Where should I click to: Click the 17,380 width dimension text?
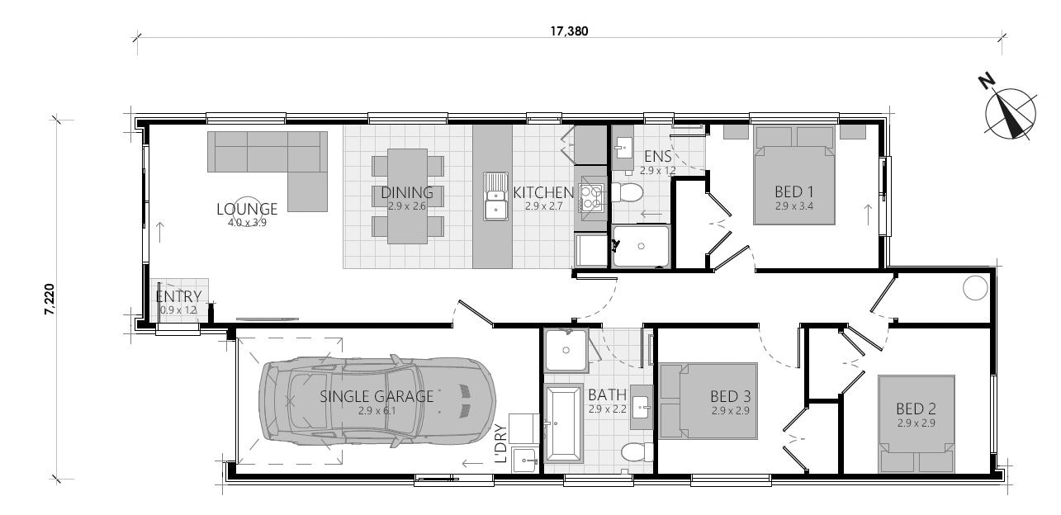click(570, 32)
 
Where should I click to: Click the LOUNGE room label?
click(247, 209)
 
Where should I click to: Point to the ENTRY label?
click(178, 297)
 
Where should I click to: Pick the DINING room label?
click(407, 193)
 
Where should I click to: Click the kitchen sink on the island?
click(495, 196)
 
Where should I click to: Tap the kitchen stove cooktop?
click(592, 196)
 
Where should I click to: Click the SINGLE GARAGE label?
click(377, 396)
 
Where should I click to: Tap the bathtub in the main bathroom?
click(565, 423)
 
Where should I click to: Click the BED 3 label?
click(731, 395)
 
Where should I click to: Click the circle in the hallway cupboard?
click(975, 288)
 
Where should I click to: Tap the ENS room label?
click(657, 157)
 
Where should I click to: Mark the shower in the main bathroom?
click(566, 350)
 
